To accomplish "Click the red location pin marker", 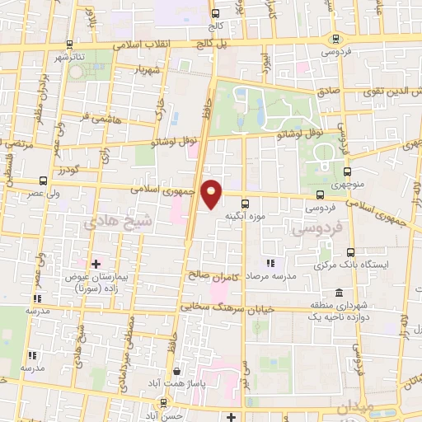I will [212, 193].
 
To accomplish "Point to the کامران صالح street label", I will [216, 278].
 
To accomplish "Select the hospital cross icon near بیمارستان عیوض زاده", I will [96, 264].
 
